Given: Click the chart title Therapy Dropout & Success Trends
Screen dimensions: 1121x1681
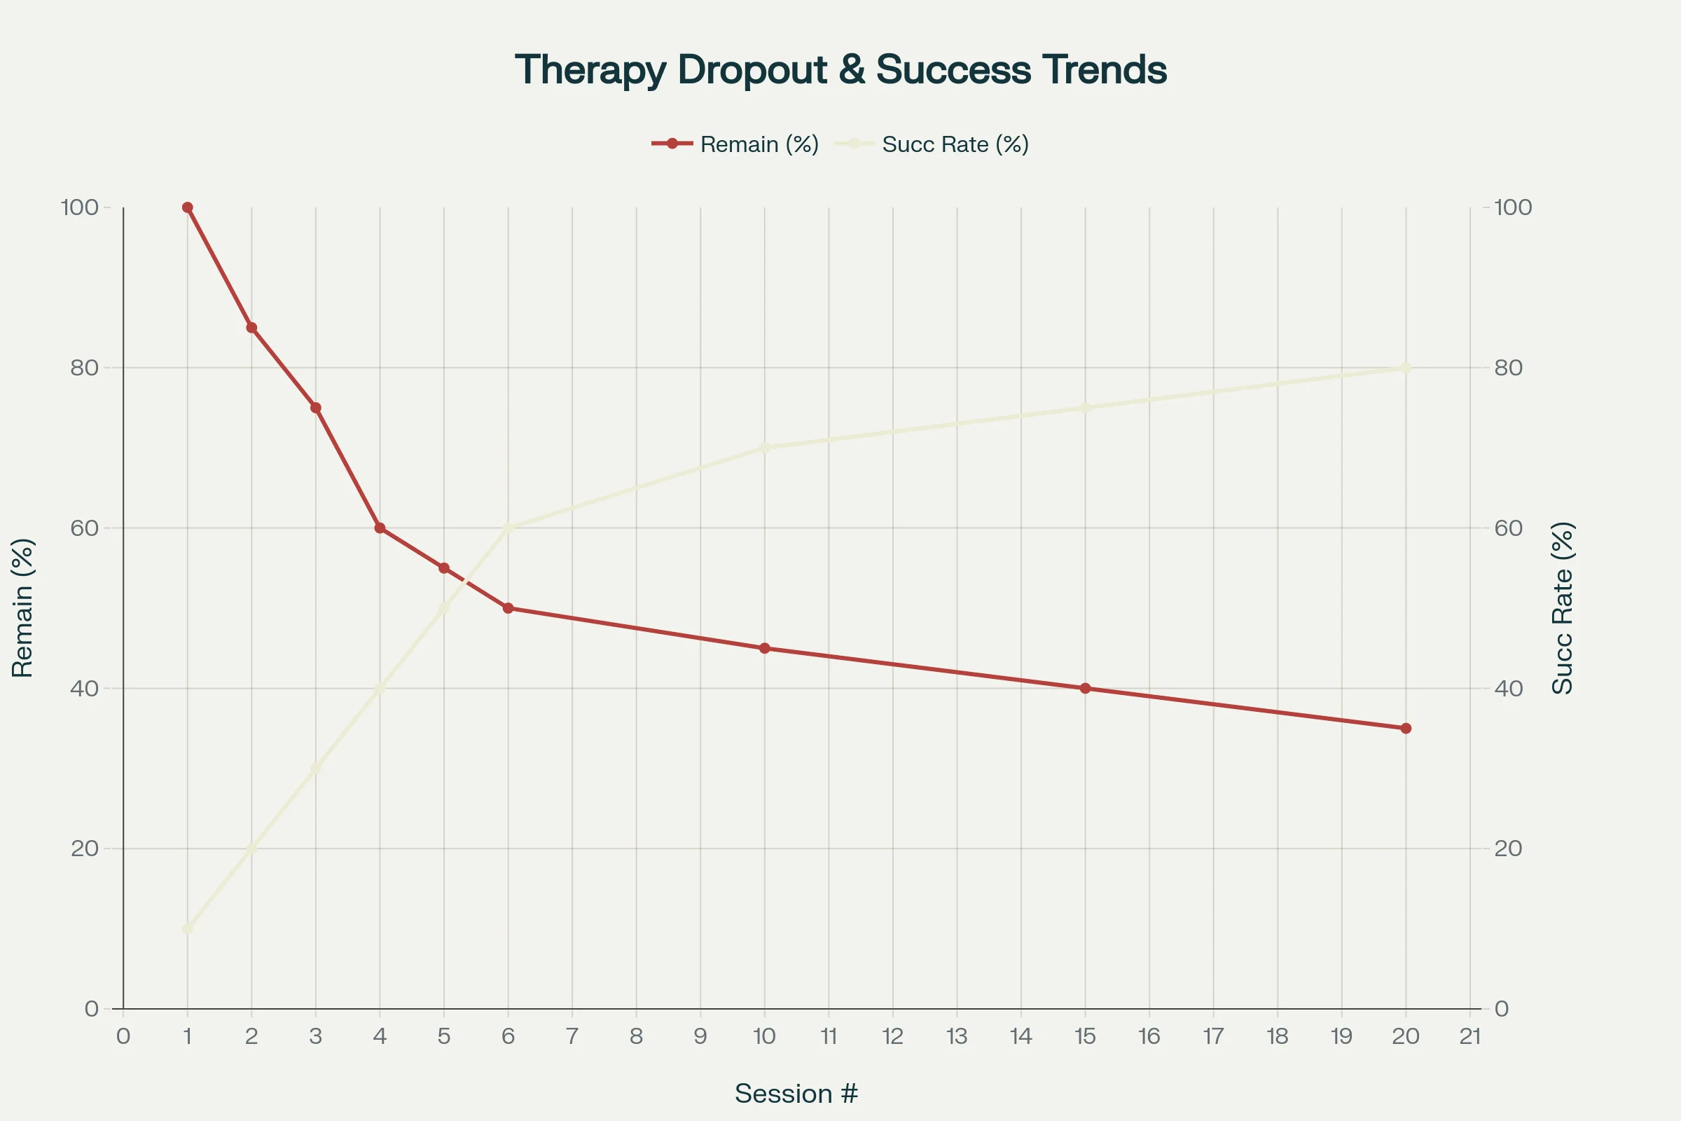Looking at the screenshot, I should [840, 70].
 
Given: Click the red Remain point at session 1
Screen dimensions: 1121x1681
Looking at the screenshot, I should [187, 207].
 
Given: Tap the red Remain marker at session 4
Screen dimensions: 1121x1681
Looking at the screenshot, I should [380, 528].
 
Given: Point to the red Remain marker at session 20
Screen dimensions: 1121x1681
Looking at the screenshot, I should [1406, 729].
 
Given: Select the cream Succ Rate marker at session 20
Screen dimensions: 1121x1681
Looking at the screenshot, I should [1406, 367].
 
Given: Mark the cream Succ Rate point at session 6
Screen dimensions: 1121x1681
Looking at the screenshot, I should [509, 528].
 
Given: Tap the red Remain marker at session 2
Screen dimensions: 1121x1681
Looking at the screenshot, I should [251, 327].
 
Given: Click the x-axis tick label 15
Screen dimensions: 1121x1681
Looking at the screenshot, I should [1085, 1037].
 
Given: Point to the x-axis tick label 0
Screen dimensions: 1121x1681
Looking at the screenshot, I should [123, 1037].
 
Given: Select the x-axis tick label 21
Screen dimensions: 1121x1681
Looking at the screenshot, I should [1469, 1037].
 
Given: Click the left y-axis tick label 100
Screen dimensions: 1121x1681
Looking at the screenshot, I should [79, 207].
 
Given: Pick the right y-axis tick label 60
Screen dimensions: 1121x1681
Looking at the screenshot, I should [1509, 528].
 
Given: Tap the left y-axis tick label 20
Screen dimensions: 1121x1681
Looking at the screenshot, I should [84, 848].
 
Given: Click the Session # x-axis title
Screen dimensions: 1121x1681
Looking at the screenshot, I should [796, 1094].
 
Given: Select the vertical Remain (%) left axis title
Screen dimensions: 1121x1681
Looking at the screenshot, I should [23, 607].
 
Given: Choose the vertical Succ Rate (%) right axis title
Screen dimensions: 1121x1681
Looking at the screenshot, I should [1563, 607].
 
